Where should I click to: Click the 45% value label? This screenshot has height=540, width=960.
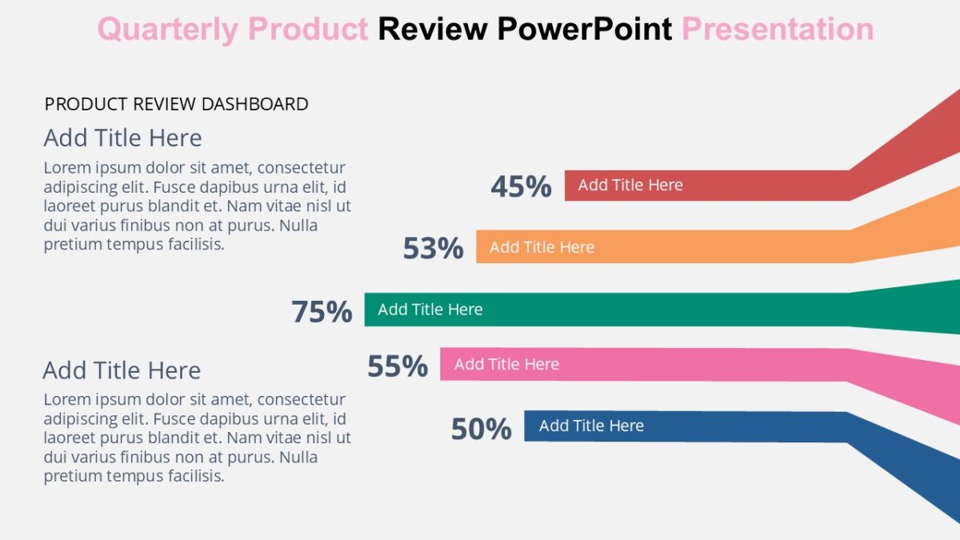pos(521,186)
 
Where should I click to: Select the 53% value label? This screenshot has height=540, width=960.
pos(433,248)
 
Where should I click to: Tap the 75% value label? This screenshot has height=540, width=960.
pos(322,311)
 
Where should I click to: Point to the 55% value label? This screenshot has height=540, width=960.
pos(398,366)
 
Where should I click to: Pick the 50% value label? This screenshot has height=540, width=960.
pos(481,430)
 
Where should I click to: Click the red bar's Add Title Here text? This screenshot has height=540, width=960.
pos(630,185)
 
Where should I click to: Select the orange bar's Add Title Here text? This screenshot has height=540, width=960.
pos(542,247)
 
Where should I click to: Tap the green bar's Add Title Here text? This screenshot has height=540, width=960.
pos(430,310)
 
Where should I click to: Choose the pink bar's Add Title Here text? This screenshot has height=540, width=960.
pos(506,364)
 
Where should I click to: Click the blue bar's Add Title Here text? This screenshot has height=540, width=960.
pos(591,426)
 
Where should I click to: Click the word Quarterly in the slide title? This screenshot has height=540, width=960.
pos(168,30)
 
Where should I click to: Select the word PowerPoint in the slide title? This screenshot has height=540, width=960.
pos(584,30)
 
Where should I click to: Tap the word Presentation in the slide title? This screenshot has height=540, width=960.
pos(777,30)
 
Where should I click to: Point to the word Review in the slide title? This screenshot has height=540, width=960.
pos(432,30)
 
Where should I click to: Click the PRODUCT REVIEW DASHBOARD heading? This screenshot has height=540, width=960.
pos(176,104)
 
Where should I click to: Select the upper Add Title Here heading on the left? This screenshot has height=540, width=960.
pos(122,138)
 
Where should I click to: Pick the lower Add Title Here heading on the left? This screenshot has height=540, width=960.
pos(122,370)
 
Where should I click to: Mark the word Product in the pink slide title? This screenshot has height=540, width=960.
pos(308,30)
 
